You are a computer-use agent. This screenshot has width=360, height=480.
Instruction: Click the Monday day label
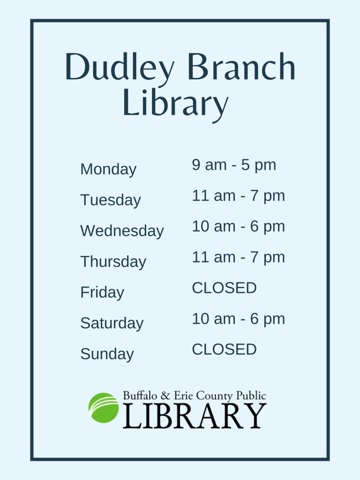[108, 169]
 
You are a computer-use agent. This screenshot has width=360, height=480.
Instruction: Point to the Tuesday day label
[110, 200]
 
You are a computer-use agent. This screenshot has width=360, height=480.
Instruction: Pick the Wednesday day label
[122, 231]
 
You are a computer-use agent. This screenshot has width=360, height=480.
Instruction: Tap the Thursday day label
[113, 262]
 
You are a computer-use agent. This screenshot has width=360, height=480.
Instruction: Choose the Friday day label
[102, 292]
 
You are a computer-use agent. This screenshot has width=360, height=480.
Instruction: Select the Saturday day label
[112, 323]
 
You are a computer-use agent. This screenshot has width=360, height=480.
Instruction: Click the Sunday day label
[107, 354]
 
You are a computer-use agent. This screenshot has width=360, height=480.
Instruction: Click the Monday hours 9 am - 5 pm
[234, 165]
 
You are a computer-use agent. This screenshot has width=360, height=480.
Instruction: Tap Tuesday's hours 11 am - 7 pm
[238, 196]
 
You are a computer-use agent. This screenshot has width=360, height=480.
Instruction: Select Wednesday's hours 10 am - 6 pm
[238, 226]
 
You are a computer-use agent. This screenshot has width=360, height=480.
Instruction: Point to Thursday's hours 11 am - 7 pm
[238, 257]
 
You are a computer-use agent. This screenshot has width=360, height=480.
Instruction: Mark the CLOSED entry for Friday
[224, 288]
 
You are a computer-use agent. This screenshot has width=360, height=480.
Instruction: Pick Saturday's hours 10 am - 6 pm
[238, 319]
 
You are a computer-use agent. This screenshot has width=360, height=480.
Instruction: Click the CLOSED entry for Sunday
[224, 349]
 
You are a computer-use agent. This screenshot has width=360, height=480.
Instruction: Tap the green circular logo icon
[104, 408]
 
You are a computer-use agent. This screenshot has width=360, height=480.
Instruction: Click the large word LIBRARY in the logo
[195, 416]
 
